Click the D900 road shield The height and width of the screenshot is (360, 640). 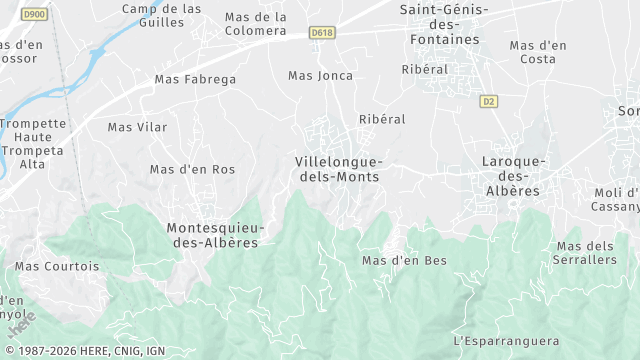pyautogui.click(x=33, y=14)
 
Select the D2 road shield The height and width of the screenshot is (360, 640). pyautogui.click(x=488, y=101)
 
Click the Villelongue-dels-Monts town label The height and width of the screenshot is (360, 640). pyautogui.click(x=339, y=169)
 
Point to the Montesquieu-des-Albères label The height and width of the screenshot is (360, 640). pyautogui.click(x=212, y=235)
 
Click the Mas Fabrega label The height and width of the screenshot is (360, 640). pyautogui.click(x=195, y=79)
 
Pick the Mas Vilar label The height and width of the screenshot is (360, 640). pyautogui.click(x=137, y=127)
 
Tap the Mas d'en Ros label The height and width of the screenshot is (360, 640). pyautogui.click(x=192, y=170)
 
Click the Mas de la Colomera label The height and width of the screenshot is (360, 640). pyautogui.click(x=255, y=24)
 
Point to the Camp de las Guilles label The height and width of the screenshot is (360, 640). pyautogui.click(x=161, y=15)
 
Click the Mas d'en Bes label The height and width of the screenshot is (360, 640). pyautogui.click(x=404, y=261)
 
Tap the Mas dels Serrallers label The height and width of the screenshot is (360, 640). pyautogui.click(x=586, y=253)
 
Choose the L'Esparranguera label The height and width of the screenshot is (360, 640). pyautogui.click(x=507, y=341)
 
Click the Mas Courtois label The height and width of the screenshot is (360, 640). pyautogui.click(x=57, y=267)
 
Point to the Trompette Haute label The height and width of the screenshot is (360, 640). pyautogui.click(x=32, y=131)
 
